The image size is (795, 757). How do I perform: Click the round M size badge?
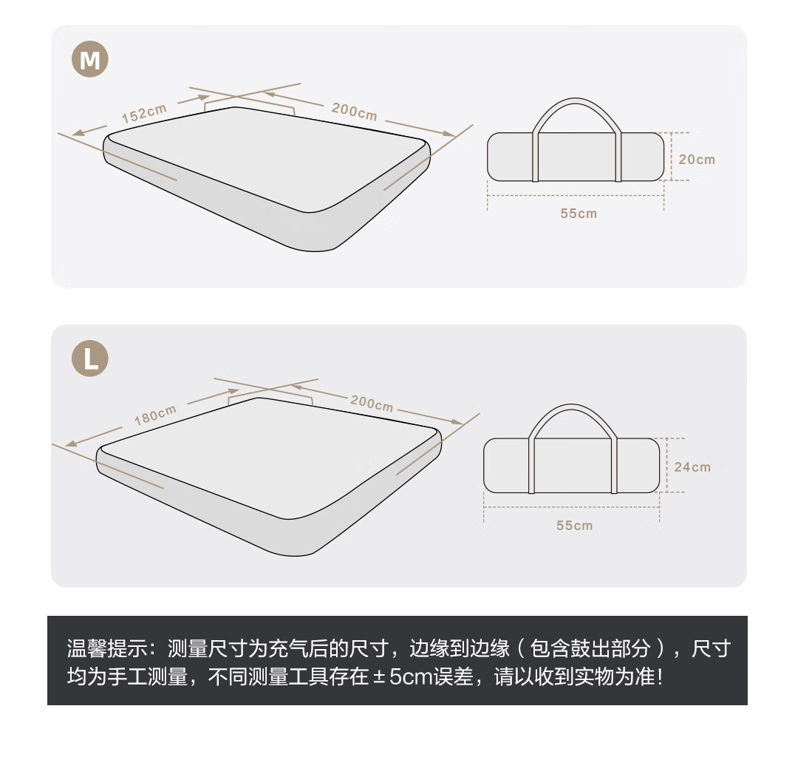(89, 59)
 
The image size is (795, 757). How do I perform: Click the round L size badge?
(89, 359)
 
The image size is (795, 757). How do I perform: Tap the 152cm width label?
(144, 113)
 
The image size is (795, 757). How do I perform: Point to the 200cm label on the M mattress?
(355, 111)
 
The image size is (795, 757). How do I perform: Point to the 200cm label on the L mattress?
(372, 403)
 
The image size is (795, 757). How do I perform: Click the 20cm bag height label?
(697, 160)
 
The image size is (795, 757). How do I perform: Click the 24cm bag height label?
(692, 466)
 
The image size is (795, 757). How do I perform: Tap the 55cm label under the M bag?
(579, 213)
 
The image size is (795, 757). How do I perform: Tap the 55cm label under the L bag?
(574, 525)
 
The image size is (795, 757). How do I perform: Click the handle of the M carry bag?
(575, 100)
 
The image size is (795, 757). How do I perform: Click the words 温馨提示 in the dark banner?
(107, 648)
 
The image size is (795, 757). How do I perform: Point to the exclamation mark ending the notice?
(659, 676)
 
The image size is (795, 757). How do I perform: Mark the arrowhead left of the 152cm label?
(78, 133)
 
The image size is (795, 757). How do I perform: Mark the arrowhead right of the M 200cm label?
(449, 134)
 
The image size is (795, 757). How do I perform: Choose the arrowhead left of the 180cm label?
(72, 444)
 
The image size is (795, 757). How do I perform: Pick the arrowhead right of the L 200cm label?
(457, 421)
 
